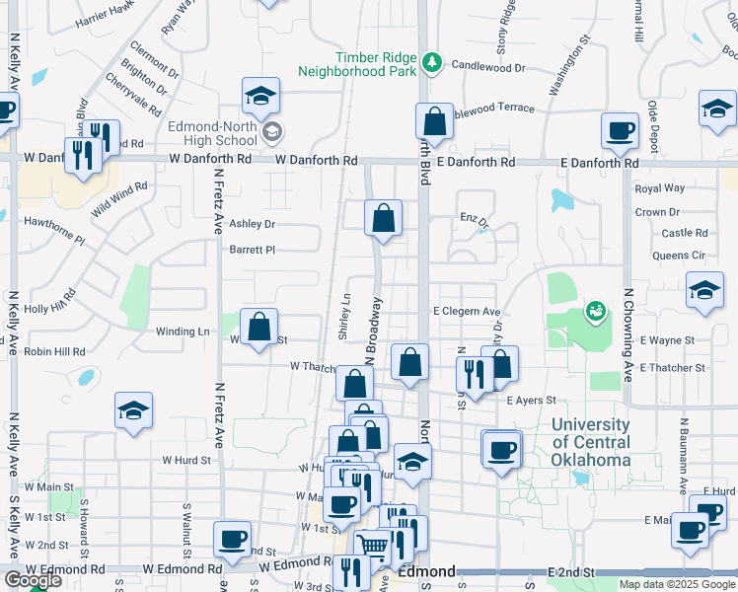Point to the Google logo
pos(33,580)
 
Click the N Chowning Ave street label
pos(627,335)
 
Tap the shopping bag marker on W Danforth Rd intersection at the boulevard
pos(434,122)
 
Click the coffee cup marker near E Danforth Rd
pos(621,130)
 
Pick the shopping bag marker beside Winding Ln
pos(258,326)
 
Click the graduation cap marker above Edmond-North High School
pos(261,97)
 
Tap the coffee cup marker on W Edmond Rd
pos(233,539)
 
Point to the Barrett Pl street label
pos(252,250)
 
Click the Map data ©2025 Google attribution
pos(677,584)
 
